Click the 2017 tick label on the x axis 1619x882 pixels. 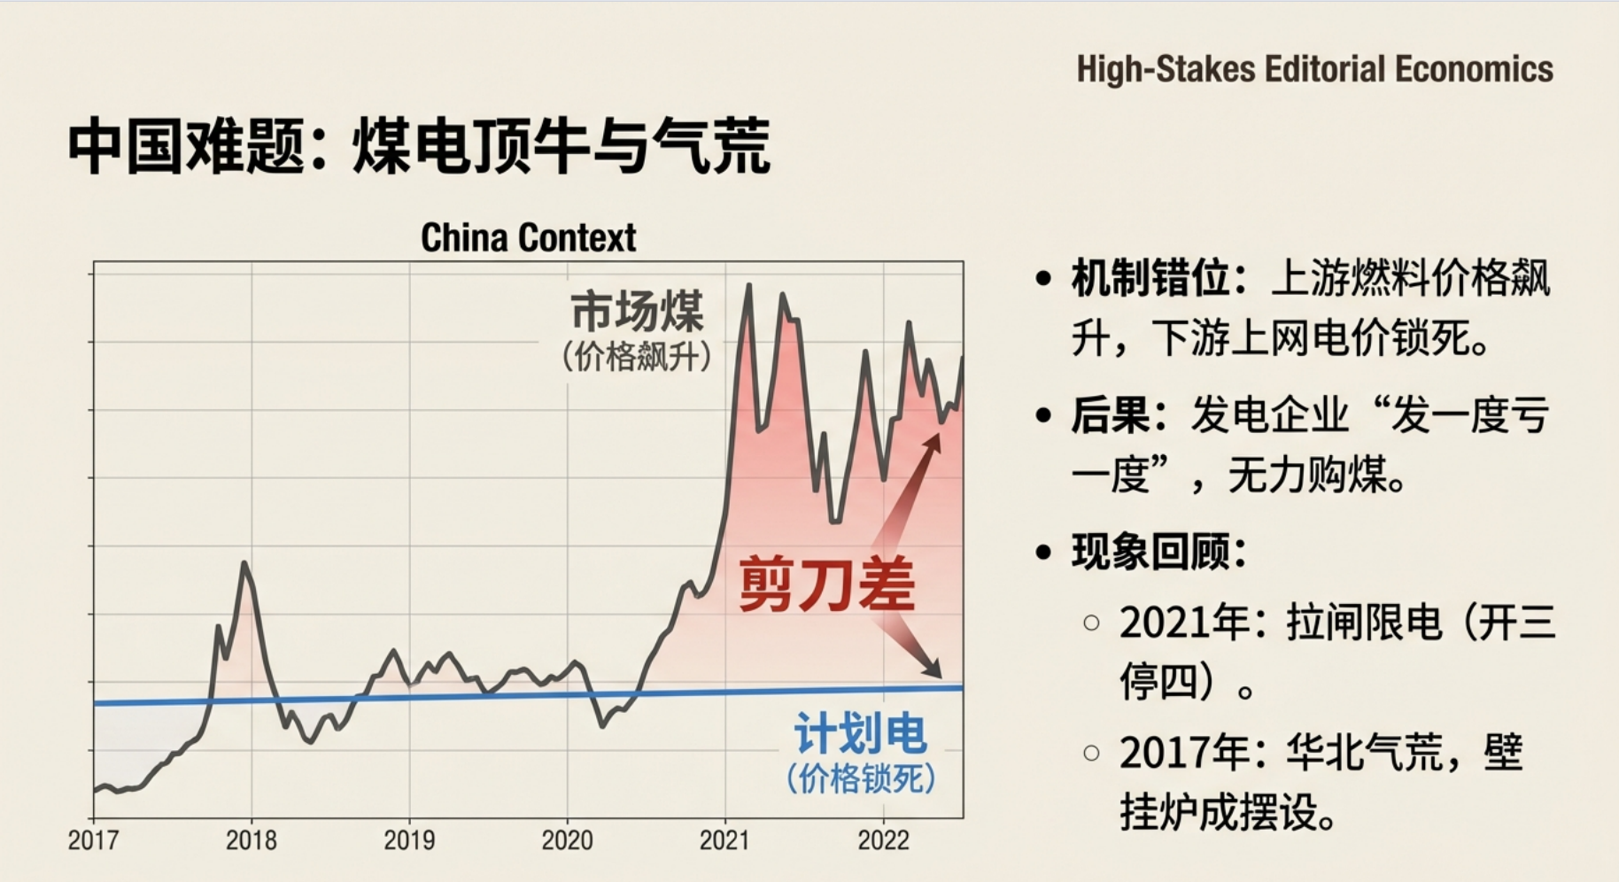[93, 839]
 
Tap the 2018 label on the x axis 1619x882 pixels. [251, 839]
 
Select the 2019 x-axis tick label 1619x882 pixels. [408, 839]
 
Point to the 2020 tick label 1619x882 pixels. [567, 839]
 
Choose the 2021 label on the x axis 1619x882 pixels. [724, 839]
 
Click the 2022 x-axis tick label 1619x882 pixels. [882, 839]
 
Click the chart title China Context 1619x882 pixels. [528, 237]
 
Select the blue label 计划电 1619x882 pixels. [860, 733]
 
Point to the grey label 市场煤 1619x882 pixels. [637, 311]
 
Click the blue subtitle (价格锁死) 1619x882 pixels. [860, 779]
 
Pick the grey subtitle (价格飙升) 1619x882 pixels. [637, 357]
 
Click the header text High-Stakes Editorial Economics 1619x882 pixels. [1314, 69]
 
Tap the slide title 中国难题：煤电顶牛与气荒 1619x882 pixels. [419, 145]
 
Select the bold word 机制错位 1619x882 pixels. [1150, 278]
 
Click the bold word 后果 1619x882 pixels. [1110, 414]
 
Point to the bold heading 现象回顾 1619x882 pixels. [1150, 552]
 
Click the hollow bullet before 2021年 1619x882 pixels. [1091, 623]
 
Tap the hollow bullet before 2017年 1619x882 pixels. [1091, 753]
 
